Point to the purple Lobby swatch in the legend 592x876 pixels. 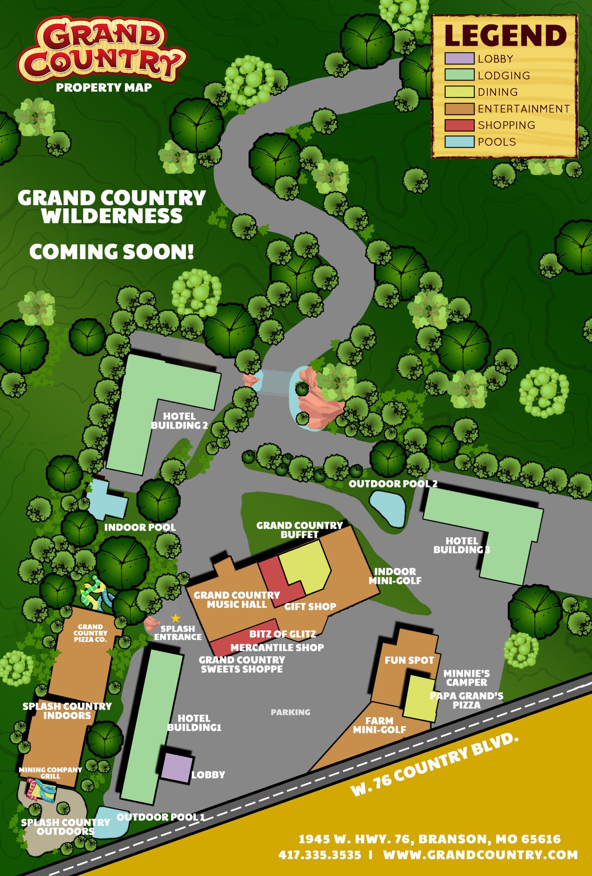459,59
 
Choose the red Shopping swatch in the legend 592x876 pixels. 459,125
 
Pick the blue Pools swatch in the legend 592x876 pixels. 459,142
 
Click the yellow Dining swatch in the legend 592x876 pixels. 459,92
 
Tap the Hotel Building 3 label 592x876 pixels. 461,545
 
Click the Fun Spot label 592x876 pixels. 409,660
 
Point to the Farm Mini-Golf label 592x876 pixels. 379,725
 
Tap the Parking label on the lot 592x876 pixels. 290,712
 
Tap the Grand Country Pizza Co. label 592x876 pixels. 91,633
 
